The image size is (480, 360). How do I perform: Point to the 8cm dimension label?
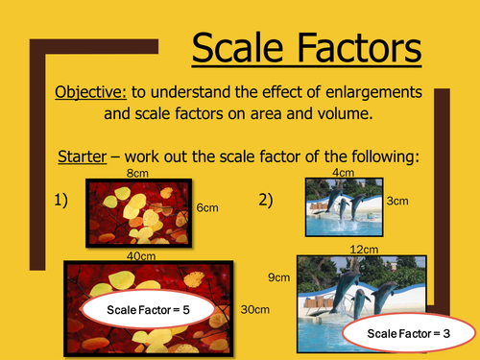pyautogui.click(x=137, y=174)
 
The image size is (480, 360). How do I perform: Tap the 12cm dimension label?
pyautogui.click(x=361, y=250)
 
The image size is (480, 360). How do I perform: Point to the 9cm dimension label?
pyautogui.click(x=278, y=277)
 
